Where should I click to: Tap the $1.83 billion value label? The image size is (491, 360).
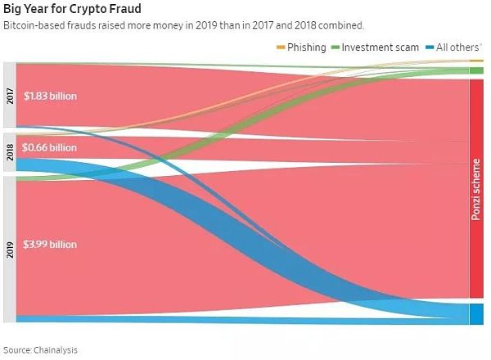click(51, 96)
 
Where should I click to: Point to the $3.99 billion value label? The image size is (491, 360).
click(51, 244)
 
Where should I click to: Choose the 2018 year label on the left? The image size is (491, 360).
click(9, 153)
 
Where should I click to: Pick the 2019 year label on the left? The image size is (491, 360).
click(9, 249)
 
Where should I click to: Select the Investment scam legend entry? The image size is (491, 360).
click(376, 47)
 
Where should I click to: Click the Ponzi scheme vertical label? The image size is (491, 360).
click(475, 189)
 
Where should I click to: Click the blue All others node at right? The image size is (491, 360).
click(476, 313)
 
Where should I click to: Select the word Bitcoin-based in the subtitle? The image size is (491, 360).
click(34, 25)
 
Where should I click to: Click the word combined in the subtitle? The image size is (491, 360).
click(341, 25)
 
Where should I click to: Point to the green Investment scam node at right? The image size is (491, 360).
click(476, 70)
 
